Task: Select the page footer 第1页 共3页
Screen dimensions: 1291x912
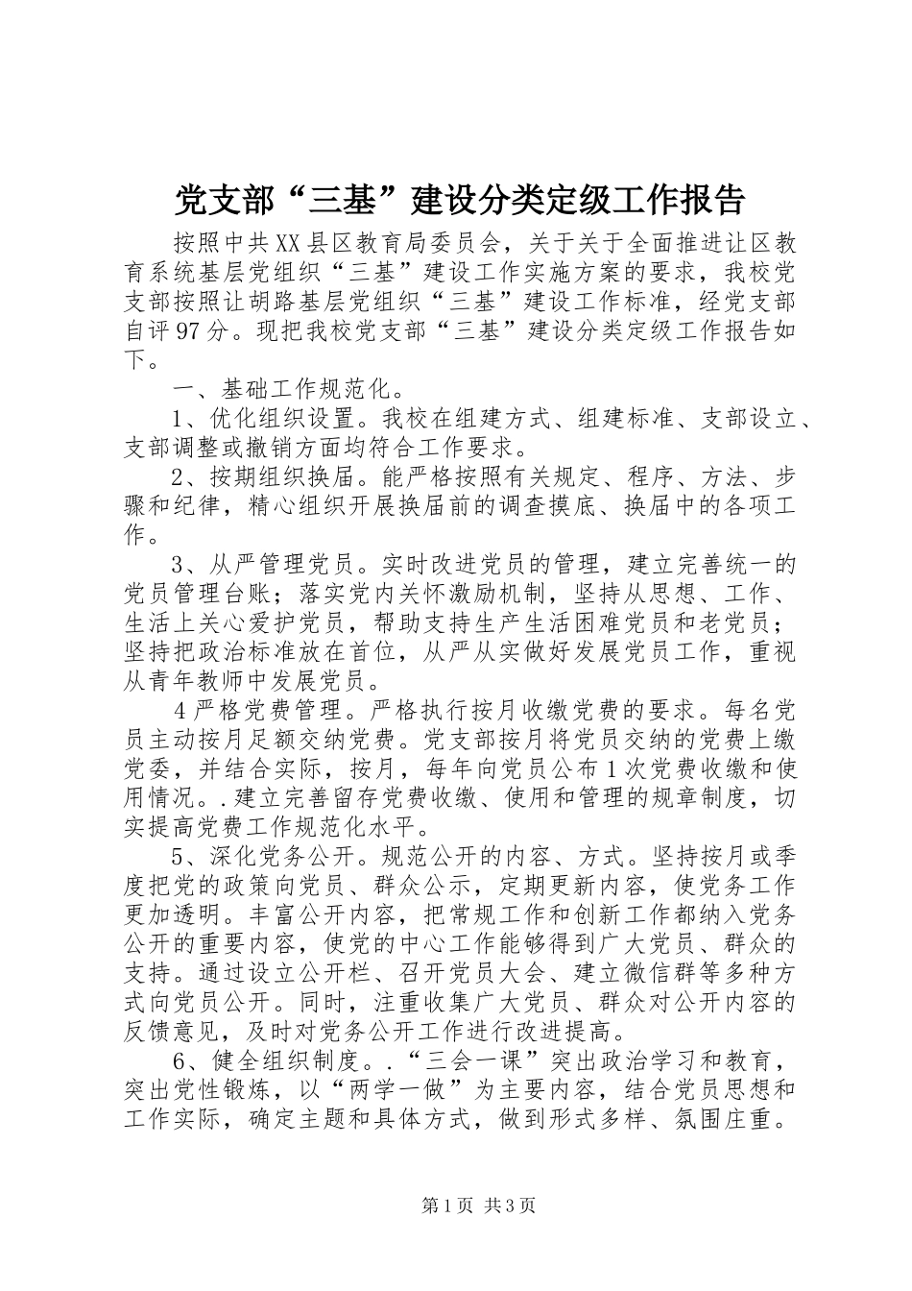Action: point(455,1206)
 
